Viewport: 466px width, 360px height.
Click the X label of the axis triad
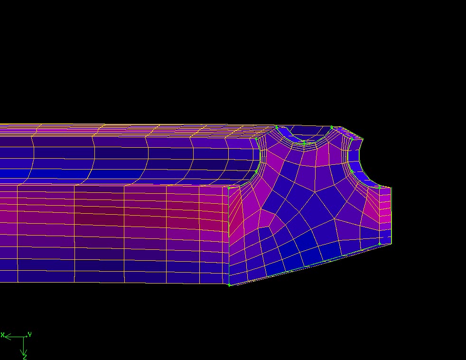2,335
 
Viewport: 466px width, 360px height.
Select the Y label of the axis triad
30,334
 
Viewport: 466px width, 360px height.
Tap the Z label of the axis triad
25,356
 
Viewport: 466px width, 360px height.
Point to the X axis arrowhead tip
5,337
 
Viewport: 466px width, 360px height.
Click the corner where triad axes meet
24,337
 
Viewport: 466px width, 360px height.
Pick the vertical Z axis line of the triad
24,346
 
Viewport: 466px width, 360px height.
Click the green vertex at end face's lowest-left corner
229,285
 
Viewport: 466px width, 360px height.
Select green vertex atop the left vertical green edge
229,188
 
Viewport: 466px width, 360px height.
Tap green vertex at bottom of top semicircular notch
304,143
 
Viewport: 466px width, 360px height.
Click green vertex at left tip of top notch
277,128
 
